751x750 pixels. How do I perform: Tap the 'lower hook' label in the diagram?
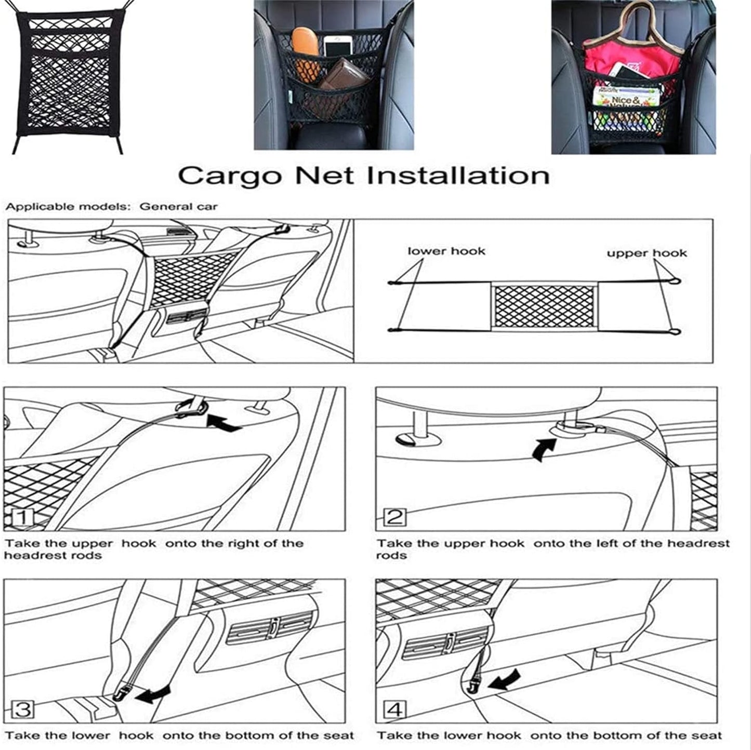coord(446,251)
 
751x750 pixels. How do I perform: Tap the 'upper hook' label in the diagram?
coord(647,253)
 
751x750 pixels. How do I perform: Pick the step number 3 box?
coord(22,709)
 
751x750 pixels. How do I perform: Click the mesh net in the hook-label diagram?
coord(544,306)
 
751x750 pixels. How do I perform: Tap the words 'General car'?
coord(178,207)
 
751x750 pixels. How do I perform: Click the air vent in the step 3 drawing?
coord(270,627)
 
